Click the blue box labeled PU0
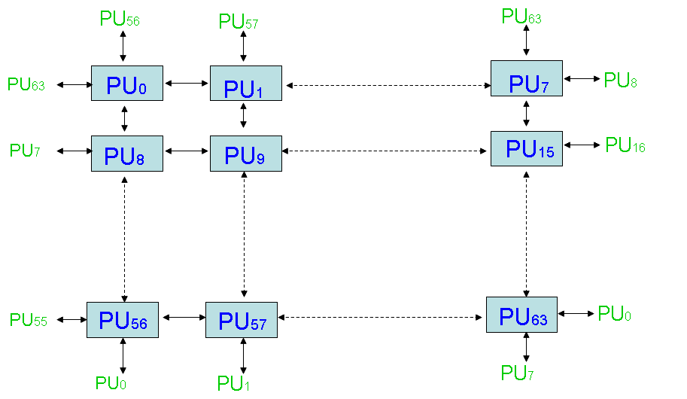point(126,84)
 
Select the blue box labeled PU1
point(245,84)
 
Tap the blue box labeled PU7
point(526,78)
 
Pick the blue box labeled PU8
point(126,154)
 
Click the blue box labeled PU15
point(526,148)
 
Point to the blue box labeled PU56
point(123,320)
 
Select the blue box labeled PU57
point(242,320)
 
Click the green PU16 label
point(625,145)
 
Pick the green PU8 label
point(621,81)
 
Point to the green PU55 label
point(29,320)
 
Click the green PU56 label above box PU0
point(120,20)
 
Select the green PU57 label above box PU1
point(239,22)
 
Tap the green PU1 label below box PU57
point(233,383)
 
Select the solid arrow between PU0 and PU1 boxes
point(186,84)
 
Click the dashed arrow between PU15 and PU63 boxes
point(525,233)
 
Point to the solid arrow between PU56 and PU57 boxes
point(184,318)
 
